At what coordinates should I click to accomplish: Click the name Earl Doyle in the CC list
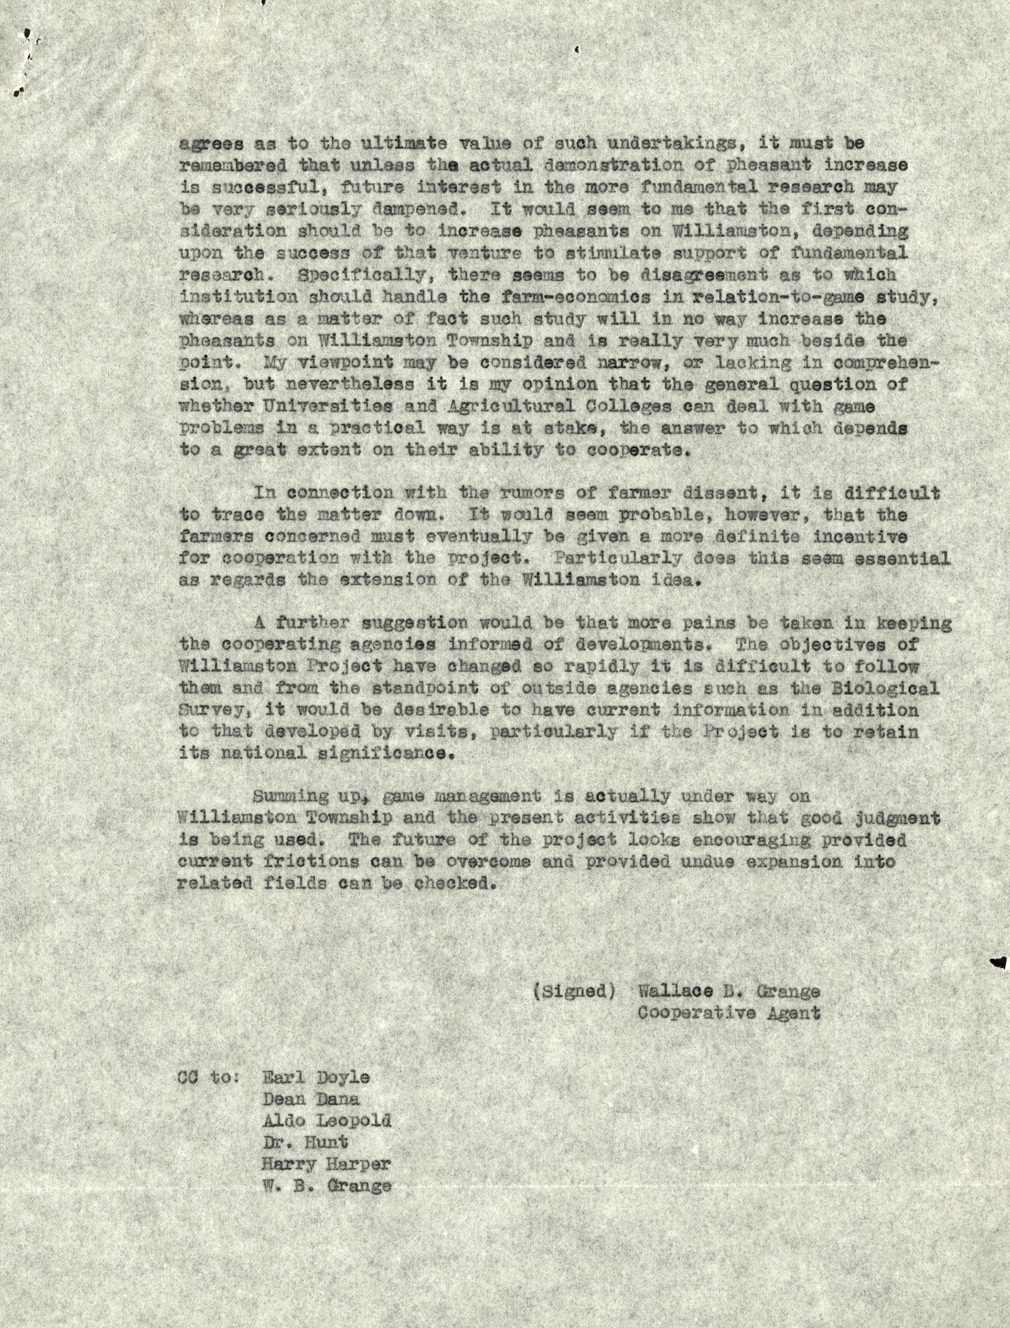pos(316,1077)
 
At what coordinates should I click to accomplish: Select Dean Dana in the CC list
pos(311,1099)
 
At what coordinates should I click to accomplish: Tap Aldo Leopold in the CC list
pos(326,1121)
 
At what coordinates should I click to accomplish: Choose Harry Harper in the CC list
pos(326,1164)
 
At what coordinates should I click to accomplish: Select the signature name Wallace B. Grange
pos(729,991)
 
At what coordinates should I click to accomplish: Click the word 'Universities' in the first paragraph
pos(323,406)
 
